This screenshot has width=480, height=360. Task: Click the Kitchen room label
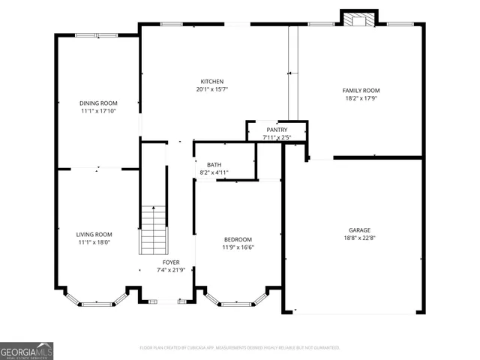coord(211,82)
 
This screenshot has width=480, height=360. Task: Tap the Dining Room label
coord(98,103)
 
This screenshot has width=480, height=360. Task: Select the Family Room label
coord(361,90)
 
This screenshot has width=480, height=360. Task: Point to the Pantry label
coord(277,130)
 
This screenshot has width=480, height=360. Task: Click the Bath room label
coord(214,165)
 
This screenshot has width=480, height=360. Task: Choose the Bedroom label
coord(237,239)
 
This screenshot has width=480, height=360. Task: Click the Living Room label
coord(94,234)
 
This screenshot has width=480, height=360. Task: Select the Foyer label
coord(171,262)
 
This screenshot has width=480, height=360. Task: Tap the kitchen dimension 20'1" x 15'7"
coord(211,90)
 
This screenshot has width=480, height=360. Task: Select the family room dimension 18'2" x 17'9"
coord(361,98)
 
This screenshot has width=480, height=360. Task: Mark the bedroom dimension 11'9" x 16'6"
coord(237,247)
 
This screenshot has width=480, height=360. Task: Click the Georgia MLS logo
coord(27,351)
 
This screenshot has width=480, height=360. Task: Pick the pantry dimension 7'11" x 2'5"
coord(277,137)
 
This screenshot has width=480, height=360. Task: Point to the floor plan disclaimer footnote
coord(240,347)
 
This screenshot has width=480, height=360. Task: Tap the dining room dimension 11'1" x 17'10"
coord(98,111)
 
